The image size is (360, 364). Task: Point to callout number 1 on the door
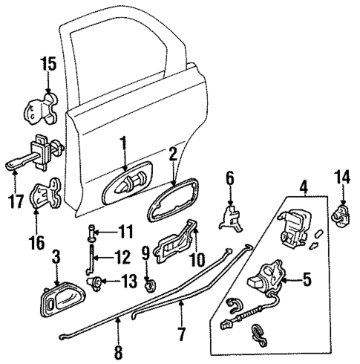(125, 141)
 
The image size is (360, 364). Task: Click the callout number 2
(172, 155)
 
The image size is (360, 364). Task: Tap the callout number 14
(342, 178)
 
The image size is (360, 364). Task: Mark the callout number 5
(307, 280)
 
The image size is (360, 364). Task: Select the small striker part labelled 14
(341, 215)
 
